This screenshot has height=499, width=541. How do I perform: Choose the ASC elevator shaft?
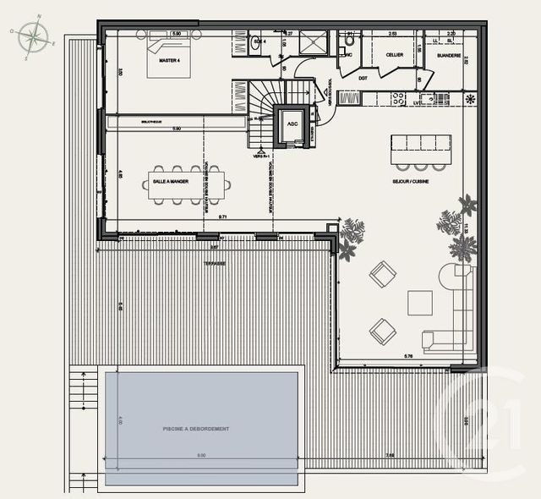coord(292,124)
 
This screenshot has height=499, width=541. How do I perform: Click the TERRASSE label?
coord(214,264)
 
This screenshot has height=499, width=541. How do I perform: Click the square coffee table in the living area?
coord(420,302)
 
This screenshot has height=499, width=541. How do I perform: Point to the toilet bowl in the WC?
coord(349,41)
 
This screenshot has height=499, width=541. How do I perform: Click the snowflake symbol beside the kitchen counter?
coord(471,99)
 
